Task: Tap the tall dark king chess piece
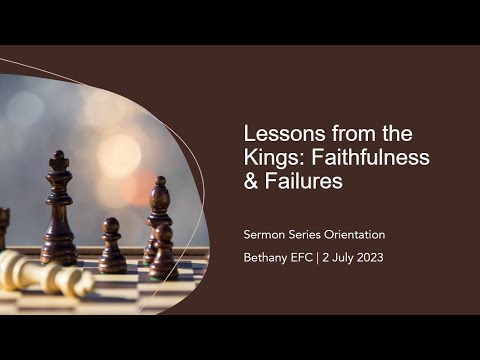[60, 215]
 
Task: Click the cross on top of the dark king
[59, 157]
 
